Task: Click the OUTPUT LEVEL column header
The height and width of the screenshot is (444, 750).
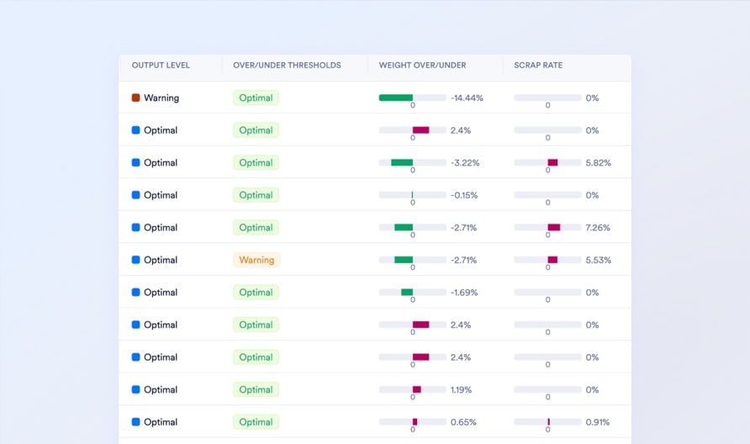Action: [x=161, y=65]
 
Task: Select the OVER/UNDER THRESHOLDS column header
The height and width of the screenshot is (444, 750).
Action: [x=287, y=65]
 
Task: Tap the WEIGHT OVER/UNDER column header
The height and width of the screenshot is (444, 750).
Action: [x=422, y=65]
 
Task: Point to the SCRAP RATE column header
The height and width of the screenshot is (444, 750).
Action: [x=538, y=65]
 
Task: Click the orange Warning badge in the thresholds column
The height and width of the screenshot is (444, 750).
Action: [x=256, y=260]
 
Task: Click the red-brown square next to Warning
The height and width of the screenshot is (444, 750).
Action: [x=136, y=98]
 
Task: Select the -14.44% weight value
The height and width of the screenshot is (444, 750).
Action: [x=467, y=98]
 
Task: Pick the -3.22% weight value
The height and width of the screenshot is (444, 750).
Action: [x=464, y=163]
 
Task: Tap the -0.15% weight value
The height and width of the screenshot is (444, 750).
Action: [x=464, y=195]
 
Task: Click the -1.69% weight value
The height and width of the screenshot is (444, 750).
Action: [x=464, y=293]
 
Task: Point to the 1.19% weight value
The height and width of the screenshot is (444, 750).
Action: [x=462, y=390]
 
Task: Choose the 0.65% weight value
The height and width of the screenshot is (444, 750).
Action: [x=462, y=422]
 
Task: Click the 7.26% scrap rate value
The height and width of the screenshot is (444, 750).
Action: [x=598, y=228]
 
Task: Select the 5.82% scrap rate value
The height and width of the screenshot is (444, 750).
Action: [x=598, y=163]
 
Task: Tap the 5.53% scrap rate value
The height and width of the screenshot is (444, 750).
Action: [x=598, y=261]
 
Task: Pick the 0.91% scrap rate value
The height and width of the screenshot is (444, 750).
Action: [x=598, y=422]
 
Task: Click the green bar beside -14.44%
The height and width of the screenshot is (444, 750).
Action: [x=396, y=98]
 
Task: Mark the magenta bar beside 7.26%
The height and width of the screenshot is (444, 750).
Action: [x=553, y=227]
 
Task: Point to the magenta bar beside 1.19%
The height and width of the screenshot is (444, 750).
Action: [x=416, y=389]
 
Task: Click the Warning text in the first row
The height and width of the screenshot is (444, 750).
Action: [x=161, y=98]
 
